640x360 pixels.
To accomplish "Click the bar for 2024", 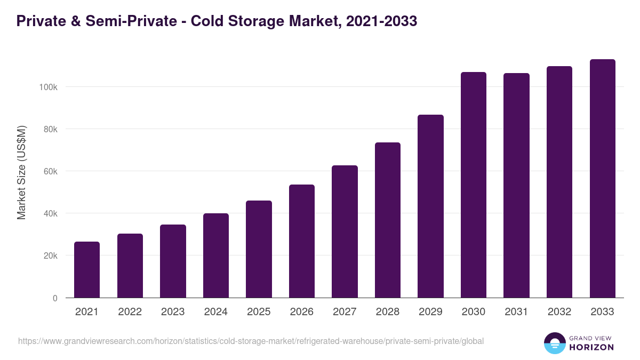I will pos(216,255).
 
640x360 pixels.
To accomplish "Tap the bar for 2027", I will pos(345,231).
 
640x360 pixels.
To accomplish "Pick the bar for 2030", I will pos(474,185).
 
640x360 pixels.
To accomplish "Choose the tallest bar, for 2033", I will pos(602,178).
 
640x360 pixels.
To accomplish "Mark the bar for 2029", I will pos(430,206).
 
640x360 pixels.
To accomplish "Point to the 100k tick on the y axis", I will pos(49,87).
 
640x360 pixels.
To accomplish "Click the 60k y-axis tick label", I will pos(50,171).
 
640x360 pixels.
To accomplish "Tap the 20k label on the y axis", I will pos(50,256).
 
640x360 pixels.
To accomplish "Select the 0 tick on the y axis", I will pos(55,298).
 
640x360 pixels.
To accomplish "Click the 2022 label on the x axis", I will pos(130,312).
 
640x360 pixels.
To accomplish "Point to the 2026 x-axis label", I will pos(302,312).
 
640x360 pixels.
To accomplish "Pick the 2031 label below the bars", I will pos(516,312).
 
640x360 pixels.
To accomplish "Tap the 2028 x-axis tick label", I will pos(388,312).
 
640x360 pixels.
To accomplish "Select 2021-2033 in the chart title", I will pos(381,21).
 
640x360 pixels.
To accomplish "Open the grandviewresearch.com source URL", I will pos(251,341).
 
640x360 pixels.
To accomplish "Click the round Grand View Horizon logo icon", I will pos(554,343).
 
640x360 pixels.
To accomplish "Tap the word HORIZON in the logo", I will pos(591,347).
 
